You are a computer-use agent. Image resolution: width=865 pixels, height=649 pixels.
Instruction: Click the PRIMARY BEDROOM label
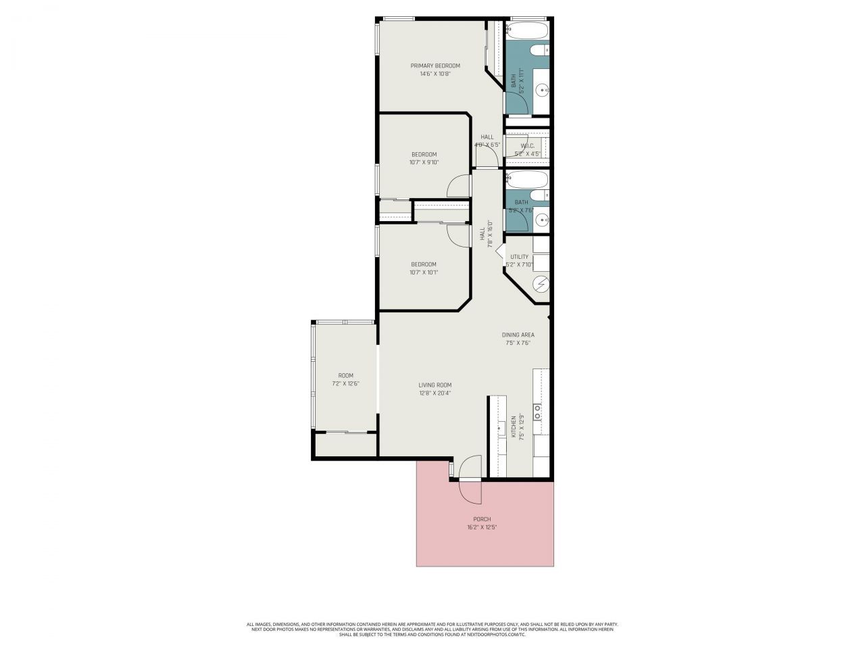[x=435, y=66]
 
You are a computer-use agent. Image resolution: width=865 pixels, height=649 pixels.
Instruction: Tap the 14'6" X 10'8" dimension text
[x=435, y=74]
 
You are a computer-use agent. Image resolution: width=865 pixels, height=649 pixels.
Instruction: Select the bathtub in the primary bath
[x=527, y=30]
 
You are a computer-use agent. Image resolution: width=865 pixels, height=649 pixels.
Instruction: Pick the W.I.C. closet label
[x=527, y=145]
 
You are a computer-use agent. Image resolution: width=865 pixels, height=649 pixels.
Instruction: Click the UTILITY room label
[x=519, y=257]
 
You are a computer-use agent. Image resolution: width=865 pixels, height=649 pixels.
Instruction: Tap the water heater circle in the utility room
[x=541, y=284]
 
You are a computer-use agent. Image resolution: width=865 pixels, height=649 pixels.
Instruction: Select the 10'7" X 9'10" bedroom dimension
[x=424, y=162]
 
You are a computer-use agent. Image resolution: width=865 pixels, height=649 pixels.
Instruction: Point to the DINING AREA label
[x=518, y=335]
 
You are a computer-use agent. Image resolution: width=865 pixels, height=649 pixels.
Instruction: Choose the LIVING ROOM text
[x=435, y=385]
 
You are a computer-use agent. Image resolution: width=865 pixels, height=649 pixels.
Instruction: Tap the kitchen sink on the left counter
[x=501, y=427]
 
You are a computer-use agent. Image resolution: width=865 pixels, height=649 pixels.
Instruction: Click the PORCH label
[x=482, y=519]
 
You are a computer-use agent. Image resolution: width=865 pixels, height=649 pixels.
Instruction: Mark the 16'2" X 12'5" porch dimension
[x=482, y=527]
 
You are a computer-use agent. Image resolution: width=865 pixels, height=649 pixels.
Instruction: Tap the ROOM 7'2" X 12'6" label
[x=345, y=379]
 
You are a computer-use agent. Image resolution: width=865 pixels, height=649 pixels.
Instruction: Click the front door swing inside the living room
[x=469, y=467]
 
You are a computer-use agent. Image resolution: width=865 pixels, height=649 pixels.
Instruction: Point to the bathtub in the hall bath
[x=527, y=180]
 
